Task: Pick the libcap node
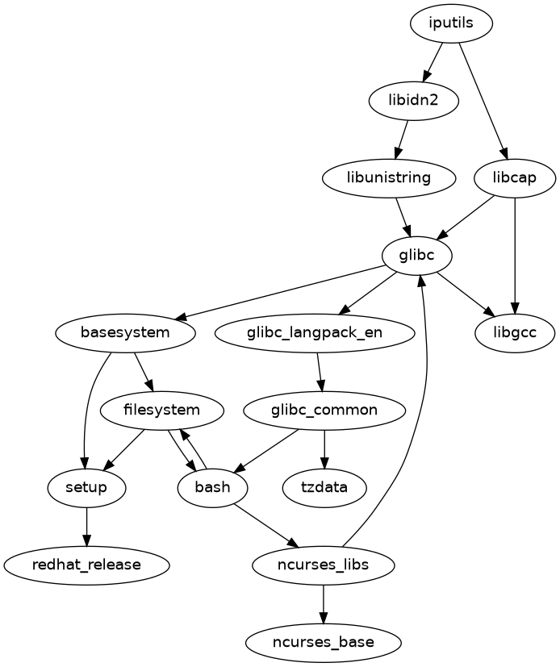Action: pyautogui.click(x=515, y=177)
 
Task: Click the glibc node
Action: pyautogui.click(x=416, y=255)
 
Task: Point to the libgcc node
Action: pyautogui.click(x=515, y=331)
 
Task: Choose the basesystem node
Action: pyautogui.click(x=126, y=331)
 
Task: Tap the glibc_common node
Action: pyautogui.click(x=324, y=410)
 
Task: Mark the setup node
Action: pyautogui.click(x=86, y=487)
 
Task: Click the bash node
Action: pyautogui.click(x=212, y=487)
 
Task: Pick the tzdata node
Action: pyautogui.click(x=324, y=487)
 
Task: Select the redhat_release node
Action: pyautogui.click(x=86, y=565)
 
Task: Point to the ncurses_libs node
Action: pyautogui.click(x=324, y=565)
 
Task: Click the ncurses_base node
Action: pyautogui.click(x=324, y=643)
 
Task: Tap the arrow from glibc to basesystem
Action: pyautogui.click(x=282, y=294)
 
